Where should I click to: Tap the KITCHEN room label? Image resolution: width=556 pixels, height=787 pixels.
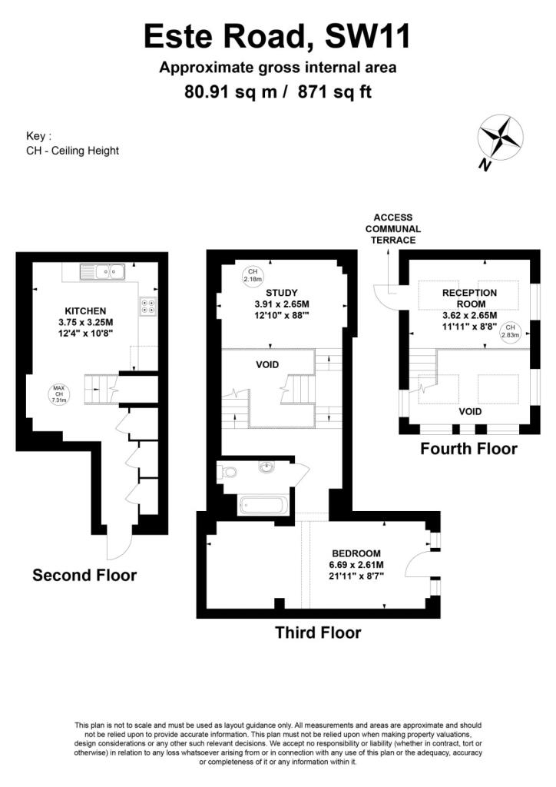pyautogui.click(x=85, y=311)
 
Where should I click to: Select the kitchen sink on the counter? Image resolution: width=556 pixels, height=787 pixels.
pyautogui.click(x=103, y=271)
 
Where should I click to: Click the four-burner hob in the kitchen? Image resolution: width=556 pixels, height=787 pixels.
pyautogui.click(x=148, y=306)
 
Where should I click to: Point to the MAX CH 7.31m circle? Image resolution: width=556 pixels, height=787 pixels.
pyautogui.click(x=59, y=394)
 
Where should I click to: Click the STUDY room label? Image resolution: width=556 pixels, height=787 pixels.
pyautogui.click(x=282, y=293)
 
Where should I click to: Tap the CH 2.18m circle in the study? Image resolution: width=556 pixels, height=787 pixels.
pyautogui.click(x=253, y=275)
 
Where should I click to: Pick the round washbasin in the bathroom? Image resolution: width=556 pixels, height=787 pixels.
pyautogui.click(x=266, y=467)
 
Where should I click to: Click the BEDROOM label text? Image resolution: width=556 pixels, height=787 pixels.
pyautogui.click(x=356, y=553)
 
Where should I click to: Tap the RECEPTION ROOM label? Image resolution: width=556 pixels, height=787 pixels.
pyautogui.click(x=470, y=298)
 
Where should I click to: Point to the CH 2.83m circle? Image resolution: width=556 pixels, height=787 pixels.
pyautogui.click(x=510, y=330)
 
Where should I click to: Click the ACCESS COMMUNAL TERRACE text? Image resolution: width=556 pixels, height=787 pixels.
pyautogui.click(x=393, y=228)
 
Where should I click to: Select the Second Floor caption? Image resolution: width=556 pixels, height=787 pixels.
pyautogui.click(x=84, y=575)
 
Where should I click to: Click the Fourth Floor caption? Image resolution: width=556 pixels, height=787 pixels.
pyautogui.click(x=468, y=448)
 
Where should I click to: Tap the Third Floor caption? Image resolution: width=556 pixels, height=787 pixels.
pyautogui.click(x=318, y=633)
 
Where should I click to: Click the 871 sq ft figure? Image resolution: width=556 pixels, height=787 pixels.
pyautogui.click(x=334, y=92)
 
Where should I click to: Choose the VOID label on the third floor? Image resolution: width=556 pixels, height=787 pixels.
pyautogui.click(x=267, y=365)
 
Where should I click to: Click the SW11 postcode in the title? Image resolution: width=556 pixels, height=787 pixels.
pyautogui.click(x=368, y=37)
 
